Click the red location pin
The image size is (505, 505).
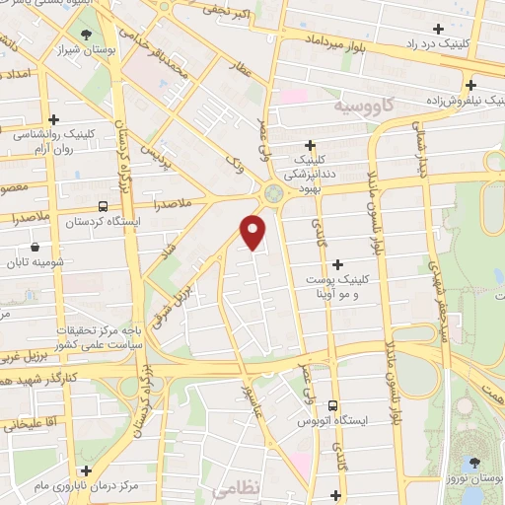[x=254, y=231]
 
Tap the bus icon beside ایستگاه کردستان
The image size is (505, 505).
[x=104, y=206]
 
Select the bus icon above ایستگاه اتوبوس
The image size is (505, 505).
[x=332, y=404]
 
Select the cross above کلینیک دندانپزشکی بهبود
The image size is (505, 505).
[x=310, y=144]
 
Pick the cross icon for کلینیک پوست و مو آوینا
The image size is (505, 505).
[x=337, y=263]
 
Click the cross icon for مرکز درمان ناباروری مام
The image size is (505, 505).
[x=87, y=470]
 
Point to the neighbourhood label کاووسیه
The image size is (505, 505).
[x=364, y=103]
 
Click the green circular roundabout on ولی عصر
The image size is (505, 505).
[x=273, y=193]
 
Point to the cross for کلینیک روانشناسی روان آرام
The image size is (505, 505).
[x=54, y=118]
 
